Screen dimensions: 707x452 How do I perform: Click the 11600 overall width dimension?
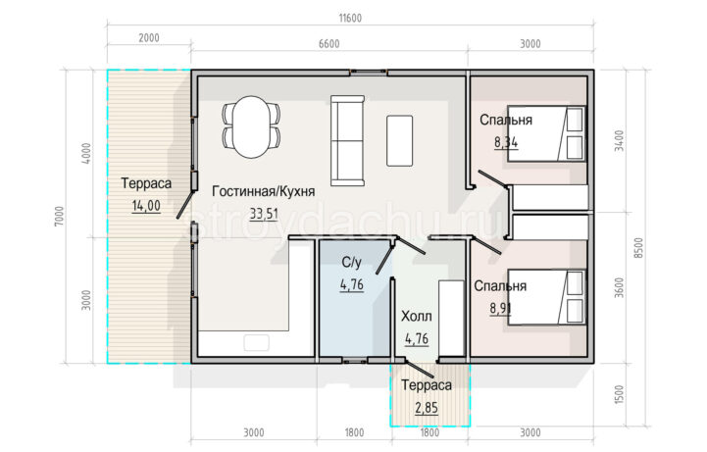(x=350, y=18)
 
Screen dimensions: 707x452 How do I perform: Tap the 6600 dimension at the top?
(x=328, y=44)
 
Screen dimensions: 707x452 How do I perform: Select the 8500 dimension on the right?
(x=639, y=248)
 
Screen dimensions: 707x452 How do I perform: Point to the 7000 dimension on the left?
(x=60, y=216)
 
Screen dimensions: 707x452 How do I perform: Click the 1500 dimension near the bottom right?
(x=619, y=394)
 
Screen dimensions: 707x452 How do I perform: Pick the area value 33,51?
(x=264, y=214)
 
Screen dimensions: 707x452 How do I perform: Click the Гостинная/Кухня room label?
(x=264, y=191)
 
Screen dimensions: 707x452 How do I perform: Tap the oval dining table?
(x=252, y=127)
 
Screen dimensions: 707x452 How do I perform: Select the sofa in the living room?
(x=347, y=140)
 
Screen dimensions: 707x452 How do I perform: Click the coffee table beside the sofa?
(x=399, y=140)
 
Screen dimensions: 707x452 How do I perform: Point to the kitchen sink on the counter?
(x=256, y=342)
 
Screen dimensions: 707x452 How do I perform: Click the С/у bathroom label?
(x=352, y=262)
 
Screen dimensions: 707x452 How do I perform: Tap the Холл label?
(x=417, y=317)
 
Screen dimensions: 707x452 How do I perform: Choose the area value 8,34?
(x=506, y=143)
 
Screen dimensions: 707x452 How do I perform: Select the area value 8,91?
(x=501, y=309)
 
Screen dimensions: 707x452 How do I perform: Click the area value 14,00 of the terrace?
(x=146, y=206)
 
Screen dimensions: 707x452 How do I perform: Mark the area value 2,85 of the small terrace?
(x=427, y=408)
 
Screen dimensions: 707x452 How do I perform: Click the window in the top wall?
(x=369, y=72)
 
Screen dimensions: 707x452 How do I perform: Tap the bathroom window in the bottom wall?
(x=354, y=360)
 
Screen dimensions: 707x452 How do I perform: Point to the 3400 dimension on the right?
(x=619, y=140)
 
